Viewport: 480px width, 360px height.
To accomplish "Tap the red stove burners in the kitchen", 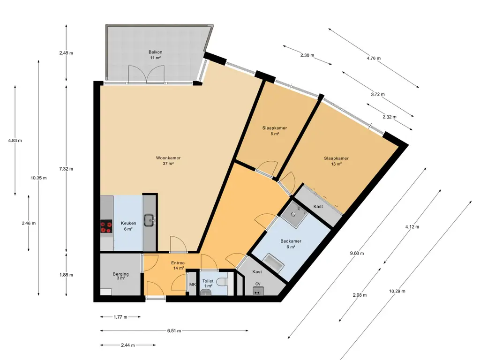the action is (x=106, y=226).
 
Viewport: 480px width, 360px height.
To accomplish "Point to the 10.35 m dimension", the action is (x=38, y=178).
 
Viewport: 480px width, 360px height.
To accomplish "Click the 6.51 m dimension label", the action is (x=174, y=330).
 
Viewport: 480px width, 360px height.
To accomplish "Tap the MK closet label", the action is (x=192, y=285).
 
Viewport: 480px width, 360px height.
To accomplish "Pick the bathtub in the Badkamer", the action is (x=273, y=263).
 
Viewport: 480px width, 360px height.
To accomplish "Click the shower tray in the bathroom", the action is (x=294, y=214).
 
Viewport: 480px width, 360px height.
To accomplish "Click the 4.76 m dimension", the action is (x=374, y=58).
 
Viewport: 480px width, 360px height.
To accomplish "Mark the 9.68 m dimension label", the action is (x=357, y=253).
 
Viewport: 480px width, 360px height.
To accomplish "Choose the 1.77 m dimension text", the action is (x=120, y=317).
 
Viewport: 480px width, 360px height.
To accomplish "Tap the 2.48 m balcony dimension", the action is (x=66, y=53).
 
